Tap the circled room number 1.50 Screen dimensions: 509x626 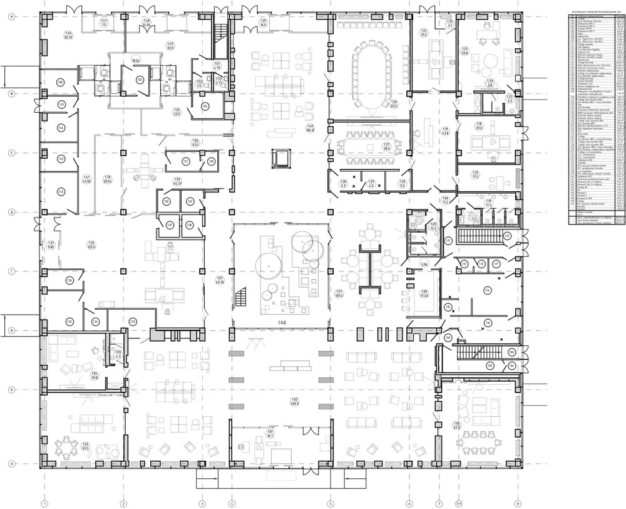(x=140, y=80)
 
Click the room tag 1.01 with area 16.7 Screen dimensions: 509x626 (x=270, y=434)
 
